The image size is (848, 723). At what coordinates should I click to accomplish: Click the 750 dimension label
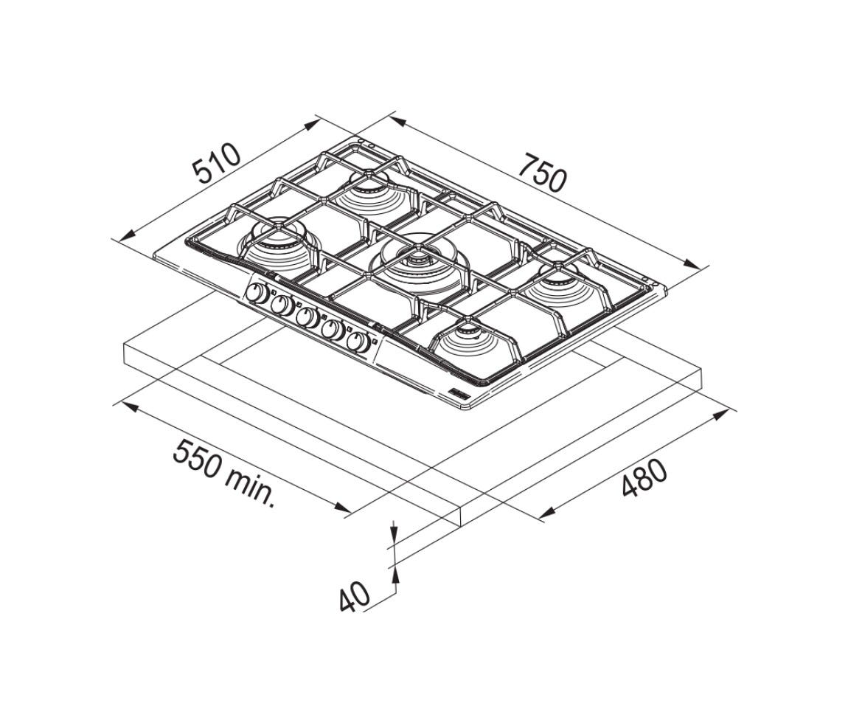[x=543, y=173]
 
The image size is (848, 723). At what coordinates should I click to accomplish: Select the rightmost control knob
[x=358, y=342]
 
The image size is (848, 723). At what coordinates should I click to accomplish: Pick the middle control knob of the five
[x=307, y=317]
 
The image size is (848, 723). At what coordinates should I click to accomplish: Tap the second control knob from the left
[x=282, y=305]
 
